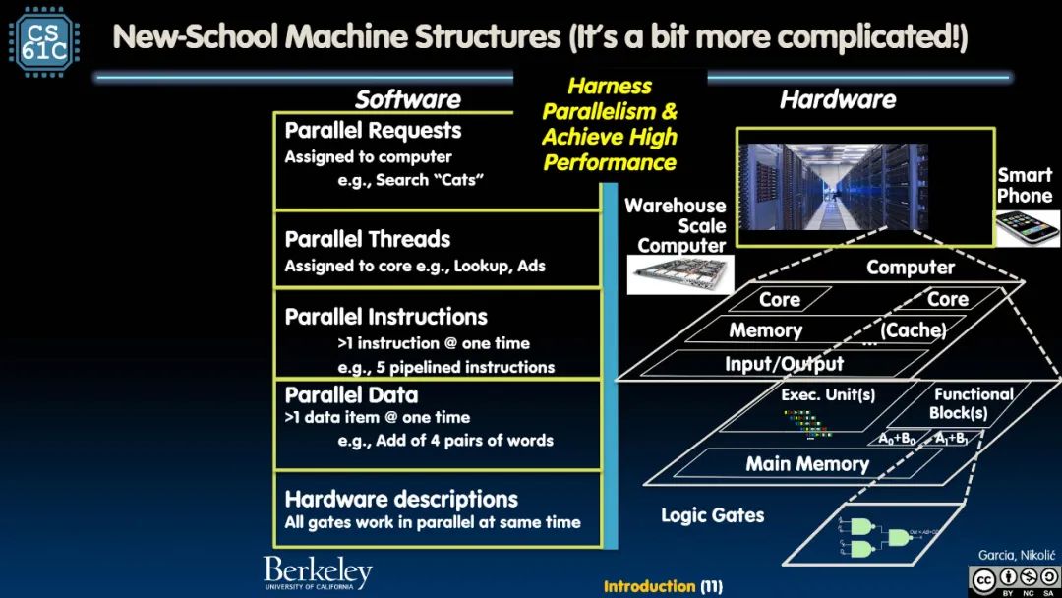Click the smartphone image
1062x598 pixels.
coord(1026,228)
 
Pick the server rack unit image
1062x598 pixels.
coord(676,275)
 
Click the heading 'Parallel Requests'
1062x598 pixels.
coord(373,131)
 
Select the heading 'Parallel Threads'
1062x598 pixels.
coord(367,239)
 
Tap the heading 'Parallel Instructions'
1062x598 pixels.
coord(385,317)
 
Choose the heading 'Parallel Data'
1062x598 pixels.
coord(351,395)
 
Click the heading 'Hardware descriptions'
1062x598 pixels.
coord(400,499)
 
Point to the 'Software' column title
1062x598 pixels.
coord(407,99)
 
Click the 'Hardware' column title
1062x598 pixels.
coord(838,99)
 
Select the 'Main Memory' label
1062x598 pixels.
coord(807,464)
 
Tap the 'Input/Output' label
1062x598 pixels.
coord(784,364)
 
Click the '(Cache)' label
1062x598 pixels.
coord(913,330)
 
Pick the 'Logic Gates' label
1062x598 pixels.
coord(712,514)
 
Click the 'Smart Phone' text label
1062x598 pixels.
coord(1024,185)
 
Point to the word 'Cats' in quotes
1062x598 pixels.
coord(458,180)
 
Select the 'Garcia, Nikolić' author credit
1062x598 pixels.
coord(1013,556)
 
